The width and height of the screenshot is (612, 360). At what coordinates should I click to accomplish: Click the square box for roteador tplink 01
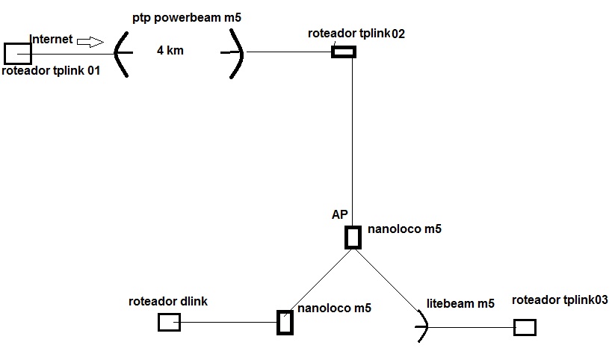click(x=17, y=53)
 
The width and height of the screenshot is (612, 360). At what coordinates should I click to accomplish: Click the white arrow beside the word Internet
click(x=91, y=42)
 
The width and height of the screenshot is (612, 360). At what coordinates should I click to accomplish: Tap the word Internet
click(x=51, y=40)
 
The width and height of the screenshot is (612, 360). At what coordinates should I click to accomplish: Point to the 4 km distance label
click(x=170, y=51)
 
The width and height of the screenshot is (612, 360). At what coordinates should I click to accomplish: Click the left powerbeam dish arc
click(x=120, y=52)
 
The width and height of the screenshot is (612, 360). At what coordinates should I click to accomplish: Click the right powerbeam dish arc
click(x=238, y=52)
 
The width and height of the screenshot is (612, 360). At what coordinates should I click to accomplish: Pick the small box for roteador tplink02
click(x=344, y=52)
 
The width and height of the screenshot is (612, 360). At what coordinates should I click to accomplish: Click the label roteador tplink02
click(x=356, y=34)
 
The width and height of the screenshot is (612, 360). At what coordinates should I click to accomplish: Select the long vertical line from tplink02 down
click(x=353, y=134)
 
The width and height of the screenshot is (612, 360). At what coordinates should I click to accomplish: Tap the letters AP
click(x=341, y=215)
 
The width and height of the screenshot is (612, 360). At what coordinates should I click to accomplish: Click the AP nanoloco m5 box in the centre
click(x=353, y=237)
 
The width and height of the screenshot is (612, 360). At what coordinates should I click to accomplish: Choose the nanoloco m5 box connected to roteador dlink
click(x=285, y=323)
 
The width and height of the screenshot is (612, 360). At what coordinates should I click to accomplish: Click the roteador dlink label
click(x=168, y=302)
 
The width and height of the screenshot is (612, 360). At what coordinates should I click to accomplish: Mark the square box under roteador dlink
click(x=169, y=322)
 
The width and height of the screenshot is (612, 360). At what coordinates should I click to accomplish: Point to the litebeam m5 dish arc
click(x=424, y=326)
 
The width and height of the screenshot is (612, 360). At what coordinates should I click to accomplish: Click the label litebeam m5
click(x=460, y=303)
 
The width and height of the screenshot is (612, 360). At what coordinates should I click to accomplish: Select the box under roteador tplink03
click(x=525, y=327)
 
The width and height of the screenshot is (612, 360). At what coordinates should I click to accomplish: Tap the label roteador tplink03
click(x=560, y=300)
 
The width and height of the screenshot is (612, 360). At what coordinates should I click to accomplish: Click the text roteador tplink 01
click(x=51, y=72)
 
